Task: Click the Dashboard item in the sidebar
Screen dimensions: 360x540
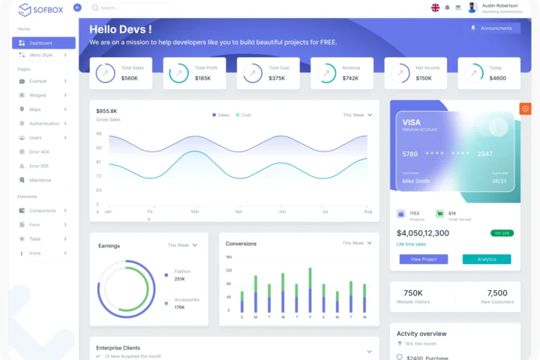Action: [x=41, y=43]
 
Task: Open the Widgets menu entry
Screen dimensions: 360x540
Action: [x=38, y=95]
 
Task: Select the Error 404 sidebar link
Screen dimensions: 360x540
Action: [x=39, y=151]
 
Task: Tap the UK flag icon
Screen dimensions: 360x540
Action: [x=435, y=7]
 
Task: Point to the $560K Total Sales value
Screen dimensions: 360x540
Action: [x=129, y=78]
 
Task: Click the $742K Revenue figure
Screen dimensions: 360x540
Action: [x=350, y=78]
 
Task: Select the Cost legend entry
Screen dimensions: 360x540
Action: [x=245, y=115]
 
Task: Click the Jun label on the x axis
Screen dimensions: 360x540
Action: [x=282, y=211]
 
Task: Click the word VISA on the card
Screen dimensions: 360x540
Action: [x=412, y=122]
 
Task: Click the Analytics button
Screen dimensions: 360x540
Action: [x=487, y=259]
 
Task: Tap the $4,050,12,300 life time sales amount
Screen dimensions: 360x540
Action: [x=422, y=233]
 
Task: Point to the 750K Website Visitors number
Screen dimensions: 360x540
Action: [x=413, y=293]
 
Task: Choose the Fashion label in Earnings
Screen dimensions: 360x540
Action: [x=182, y=271]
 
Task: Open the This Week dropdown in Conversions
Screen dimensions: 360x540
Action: [x=357, y=243]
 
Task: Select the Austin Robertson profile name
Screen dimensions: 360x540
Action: [x=499, y=5]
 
